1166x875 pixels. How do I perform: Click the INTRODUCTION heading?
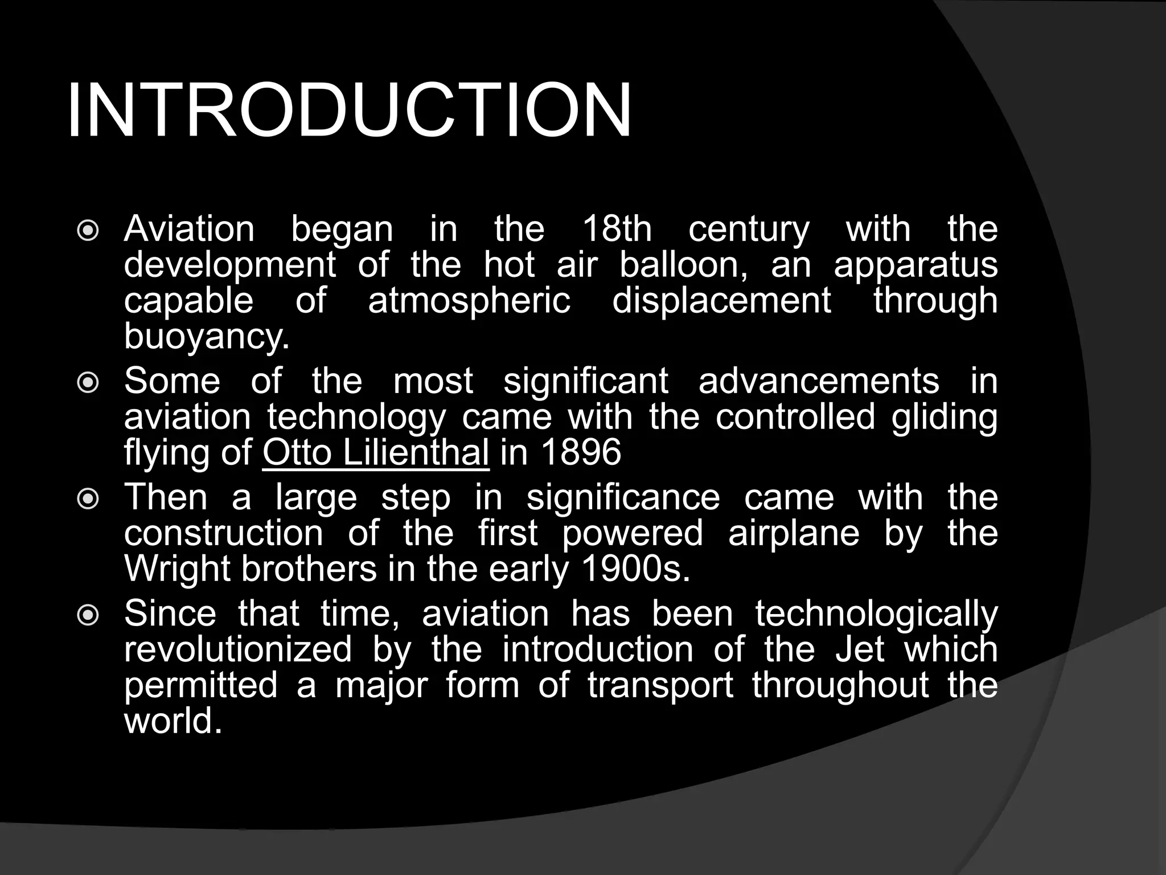tap(348, 111)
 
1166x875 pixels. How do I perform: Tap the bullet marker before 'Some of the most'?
tap(88, 383)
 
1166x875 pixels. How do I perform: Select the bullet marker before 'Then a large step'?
tap(88, 500)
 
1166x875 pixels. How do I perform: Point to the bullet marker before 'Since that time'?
tap(88, 616)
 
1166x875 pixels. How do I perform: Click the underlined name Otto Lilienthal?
tap(376, 453)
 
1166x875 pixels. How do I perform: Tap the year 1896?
tap(581, 453)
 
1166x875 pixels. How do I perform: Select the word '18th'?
tap(617, 230)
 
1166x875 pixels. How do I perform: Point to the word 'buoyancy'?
tap(206, 337)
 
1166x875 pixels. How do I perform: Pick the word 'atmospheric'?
tap(469, 301)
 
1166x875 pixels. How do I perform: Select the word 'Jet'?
tap(860, 650)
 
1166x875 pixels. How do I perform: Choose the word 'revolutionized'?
tap(238, 650)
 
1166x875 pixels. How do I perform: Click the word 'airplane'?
tap(794, 534)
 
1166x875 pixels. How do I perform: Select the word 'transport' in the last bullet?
tap(660, 685)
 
